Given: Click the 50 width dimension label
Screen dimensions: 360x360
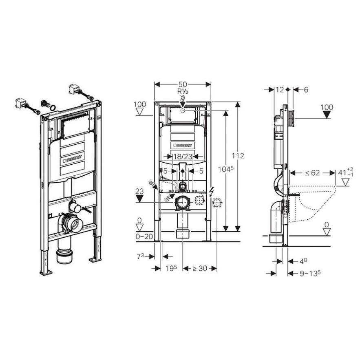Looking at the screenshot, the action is [183, 84].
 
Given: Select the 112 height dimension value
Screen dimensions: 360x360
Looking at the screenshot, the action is [238, 156].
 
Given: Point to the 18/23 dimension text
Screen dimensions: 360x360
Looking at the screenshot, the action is [183, 157].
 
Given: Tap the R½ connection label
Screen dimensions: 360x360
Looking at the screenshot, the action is [183, 91].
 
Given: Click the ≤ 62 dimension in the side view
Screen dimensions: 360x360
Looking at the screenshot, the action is [312, 172].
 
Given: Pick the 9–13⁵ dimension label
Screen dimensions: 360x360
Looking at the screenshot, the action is [310, 273].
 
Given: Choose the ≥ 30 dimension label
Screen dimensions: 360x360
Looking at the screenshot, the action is [199, 268].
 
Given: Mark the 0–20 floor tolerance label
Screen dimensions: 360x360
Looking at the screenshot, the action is [144, 236].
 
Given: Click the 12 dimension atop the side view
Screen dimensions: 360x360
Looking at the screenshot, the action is [280, 90].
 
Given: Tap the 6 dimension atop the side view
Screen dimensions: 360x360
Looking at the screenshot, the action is [306, 90].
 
